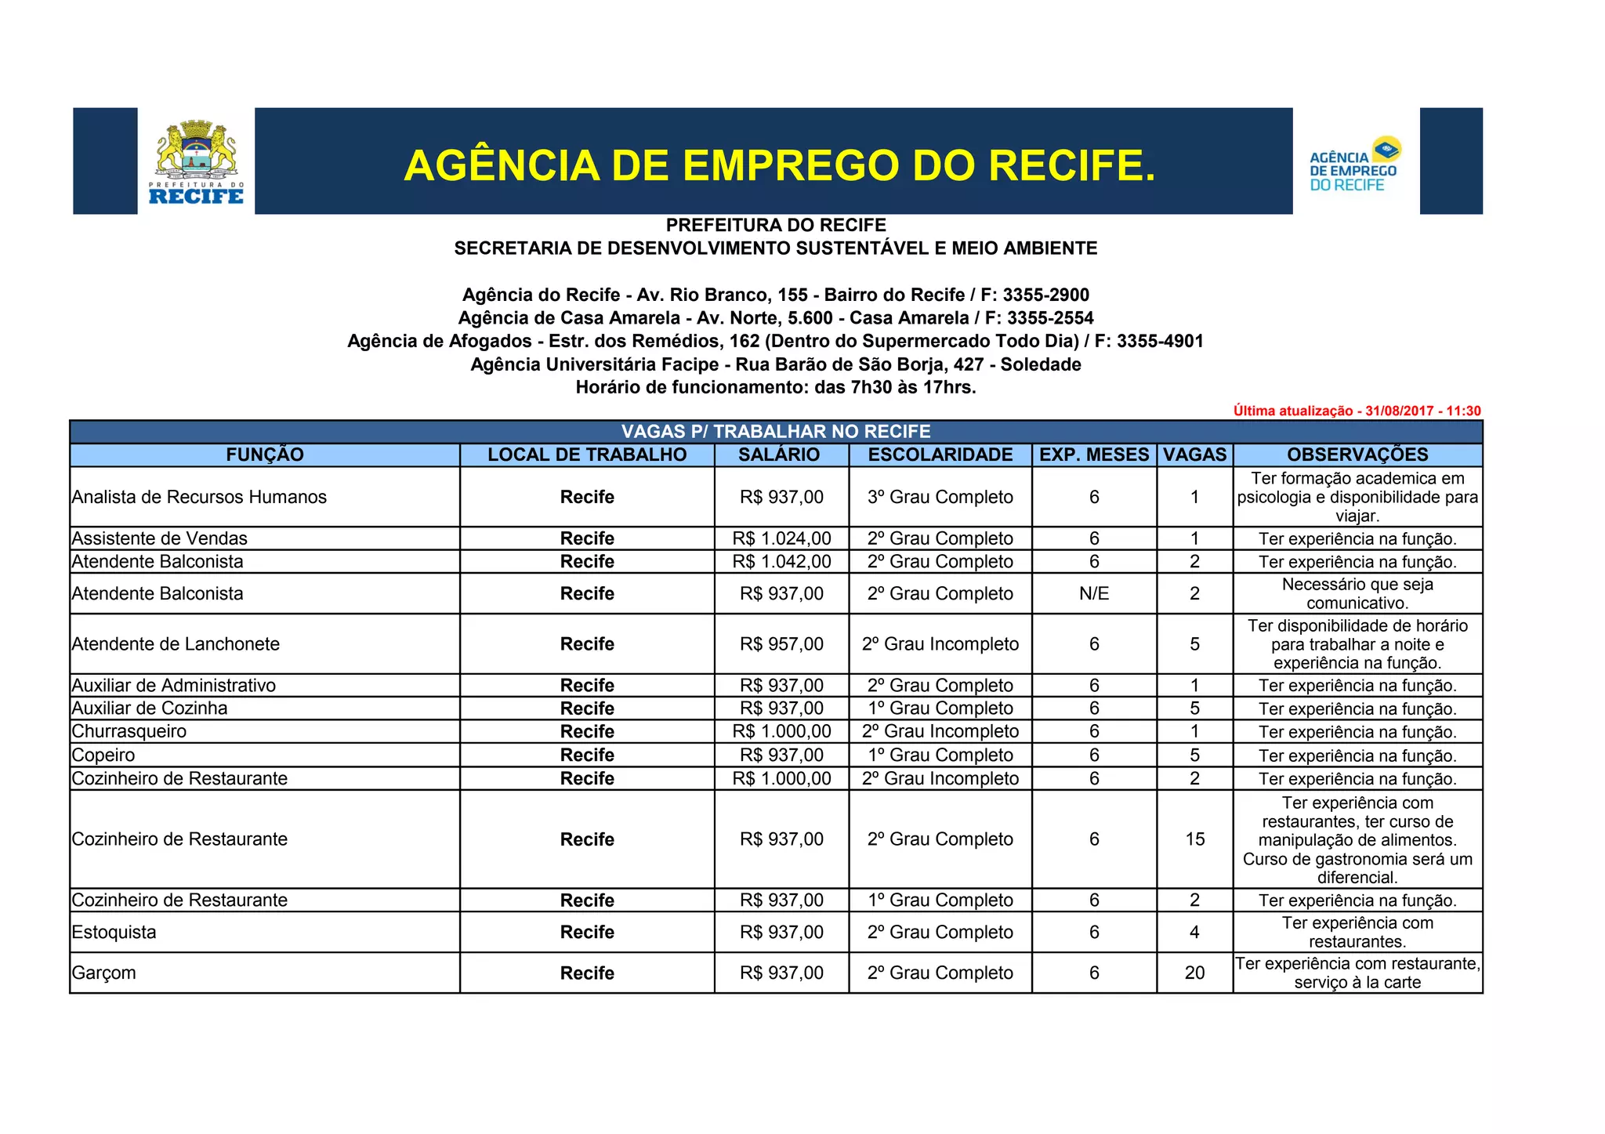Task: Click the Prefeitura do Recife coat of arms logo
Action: (196, 161)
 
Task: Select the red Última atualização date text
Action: (1357, 411)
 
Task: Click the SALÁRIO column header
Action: (779, 455)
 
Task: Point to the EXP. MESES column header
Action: (1094, 455)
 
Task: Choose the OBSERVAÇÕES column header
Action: (1357, 455)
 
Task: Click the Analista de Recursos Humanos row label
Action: (199, 497)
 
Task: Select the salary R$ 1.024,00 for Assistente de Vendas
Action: (781, 538)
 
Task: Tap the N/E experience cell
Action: (1094, 593)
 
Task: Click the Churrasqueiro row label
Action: (129, 731)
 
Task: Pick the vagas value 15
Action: (1194, 839)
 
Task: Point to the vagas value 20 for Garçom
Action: (1194, 973)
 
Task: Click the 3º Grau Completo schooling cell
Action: (940, 497)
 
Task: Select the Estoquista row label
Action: (114, 932)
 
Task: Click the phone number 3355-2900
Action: (1045, 295)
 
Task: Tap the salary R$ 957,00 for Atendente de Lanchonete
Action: (781, 644)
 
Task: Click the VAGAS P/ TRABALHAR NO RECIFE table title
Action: (776, 432)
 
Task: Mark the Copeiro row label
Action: (103, 755)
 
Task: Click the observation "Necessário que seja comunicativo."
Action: (1357, 593)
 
